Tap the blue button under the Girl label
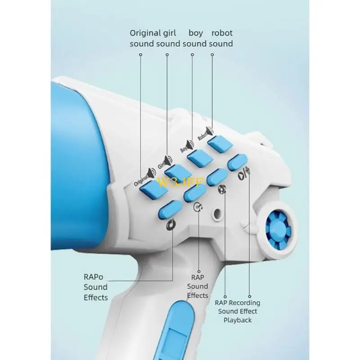pos(178,171)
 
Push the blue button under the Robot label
pos(220,143)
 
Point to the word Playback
pos(238,320)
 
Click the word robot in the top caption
pos(222,32)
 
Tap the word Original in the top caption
pos(145,32)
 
